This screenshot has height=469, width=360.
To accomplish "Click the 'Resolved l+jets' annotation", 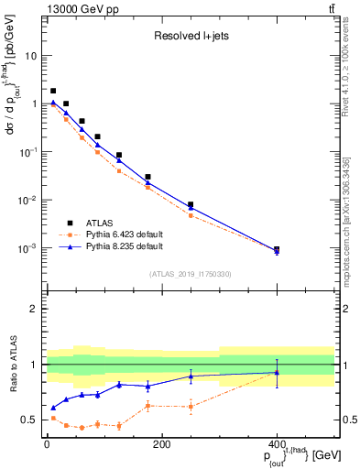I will pos(190,38).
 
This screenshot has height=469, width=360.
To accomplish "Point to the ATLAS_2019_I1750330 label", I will pos(191,274).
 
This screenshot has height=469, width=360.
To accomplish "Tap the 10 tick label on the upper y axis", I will pos(34,56).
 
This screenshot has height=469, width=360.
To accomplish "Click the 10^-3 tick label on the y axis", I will pos(29,249).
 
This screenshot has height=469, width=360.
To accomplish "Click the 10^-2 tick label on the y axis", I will pos(29,201).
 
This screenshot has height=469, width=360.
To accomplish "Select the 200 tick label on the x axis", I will pos(161,445).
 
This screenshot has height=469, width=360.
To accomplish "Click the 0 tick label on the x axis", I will pos(47,445).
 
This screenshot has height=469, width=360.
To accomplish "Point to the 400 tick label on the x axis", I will pos(277,445).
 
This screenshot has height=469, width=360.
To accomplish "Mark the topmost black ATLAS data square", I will pos(53,91).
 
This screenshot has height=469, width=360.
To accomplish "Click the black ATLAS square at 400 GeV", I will pos(277,249).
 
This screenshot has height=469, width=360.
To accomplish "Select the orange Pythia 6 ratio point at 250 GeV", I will pos(191,406).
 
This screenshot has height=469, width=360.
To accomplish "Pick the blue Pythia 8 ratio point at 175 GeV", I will pos(147,386).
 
